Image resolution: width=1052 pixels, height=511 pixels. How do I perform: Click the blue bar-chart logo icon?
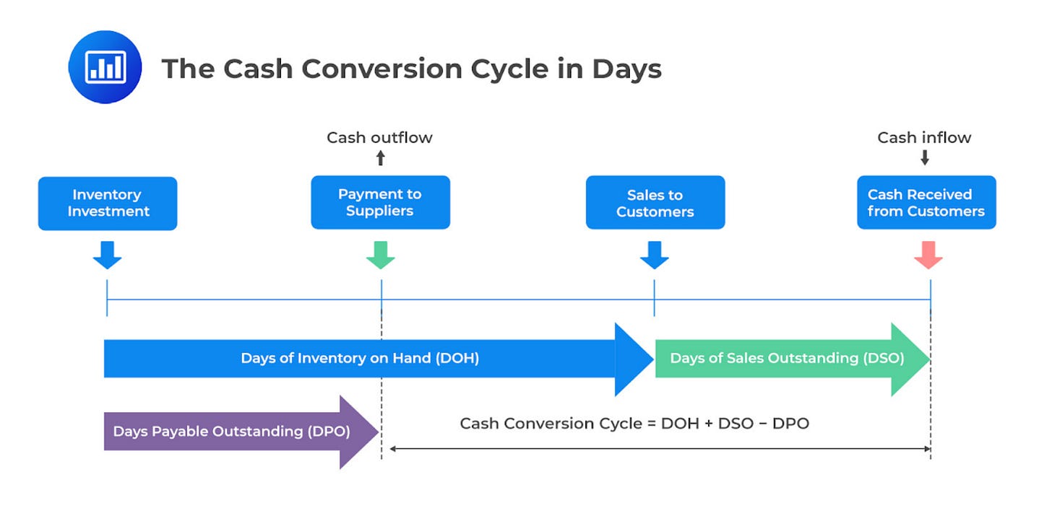pyautogui.click(x=105, y=67)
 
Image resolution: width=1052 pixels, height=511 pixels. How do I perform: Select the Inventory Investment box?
pyautogui.click(x=108, y=204)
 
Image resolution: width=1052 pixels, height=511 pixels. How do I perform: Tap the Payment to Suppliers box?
pyautogui.click(x=380, y=202)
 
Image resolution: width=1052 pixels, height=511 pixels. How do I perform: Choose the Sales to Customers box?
pyautogui.click(x=655, y=202)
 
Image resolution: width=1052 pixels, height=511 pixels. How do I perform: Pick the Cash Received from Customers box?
pyautogui.click(x=926, y=202)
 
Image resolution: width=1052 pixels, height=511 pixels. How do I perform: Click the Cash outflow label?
pyautogui.click(x=379, y=137)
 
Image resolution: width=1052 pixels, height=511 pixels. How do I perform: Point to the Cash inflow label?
pyautogui.click(x=924, y=137)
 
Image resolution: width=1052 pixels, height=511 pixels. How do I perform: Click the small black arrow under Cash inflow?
pyautogui.click(x=924, y=157)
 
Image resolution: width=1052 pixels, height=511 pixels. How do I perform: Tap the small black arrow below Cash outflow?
pyautogui.click(x=380, y=157)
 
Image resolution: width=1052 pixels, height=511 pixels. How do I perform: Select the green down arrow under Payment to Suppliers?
pyautogui.click(x=380, y=255)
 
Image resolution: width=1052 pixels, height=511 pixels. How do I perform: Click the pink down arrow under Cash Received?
pyautogui.click(x=928, y=255)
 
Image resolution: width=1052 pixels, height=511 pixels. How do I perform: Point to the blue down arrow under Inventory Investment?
pyautogui.click(x=107, y=255)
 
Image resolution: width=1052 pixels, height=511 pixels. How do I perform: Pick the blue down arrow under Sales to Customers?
pyautogui.click(x=654, y=255)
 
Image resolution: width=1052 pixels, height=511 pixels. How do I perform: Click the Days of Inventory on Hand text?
pyautogui.click(x=360, y=358)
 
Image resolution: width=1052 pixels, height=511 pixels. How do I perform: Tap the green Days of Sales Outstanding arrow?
pyautogui.click(x=793, y=359)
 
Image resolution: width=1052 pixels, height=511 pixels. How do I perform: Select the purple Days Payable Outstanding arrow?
pyautogui.click(x=241, y=432)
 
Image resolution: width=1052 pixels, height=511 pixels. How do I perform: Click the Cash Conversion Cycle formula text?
pyautogui.click(x=634, y=423)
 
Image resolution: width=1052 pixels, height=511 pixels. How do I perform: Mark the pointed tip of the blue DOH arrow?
pyautogui.click(x=654, y=359)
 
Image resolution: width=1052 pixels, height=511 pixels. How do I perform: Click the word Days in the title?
pyautogui.click(x=627, y=69)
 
